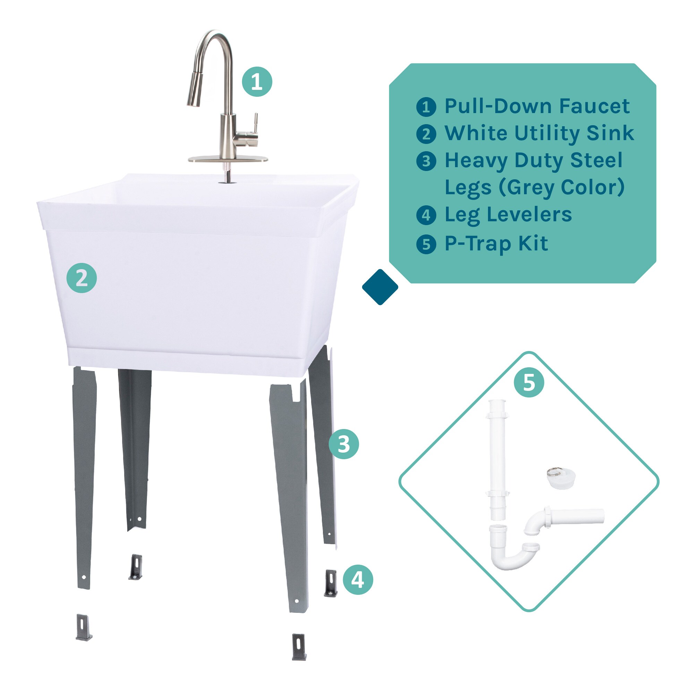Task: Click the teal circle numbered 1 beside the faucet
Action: point(257,82)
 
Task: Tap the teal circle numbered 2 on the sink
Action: point(82,278)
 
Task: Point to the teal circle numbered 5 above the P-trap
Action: point(529,382)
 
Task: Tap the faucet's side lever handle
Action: point(255,124)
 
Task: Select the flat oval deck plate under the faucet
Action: point(228,159)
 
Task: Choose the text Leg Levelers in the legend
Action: point(508,215)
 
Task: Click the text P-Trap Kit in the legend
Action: point(496,244)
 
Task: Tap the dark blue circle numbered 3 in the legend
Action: point(426,161)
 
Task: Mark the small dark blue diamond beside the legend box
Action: point(380,287)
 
